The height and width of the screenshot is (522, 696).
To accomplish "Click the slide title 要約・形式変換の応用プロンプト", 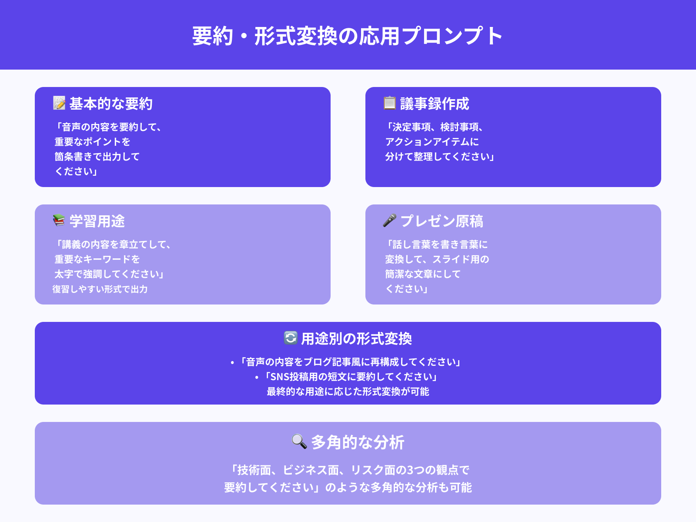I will tap(348, 36).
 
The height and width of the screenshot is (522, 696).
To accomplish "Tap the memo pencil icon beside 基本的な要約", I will tap(59, 103).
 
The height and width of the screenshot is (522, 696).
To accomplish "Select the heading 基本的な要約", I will tap(111, 104).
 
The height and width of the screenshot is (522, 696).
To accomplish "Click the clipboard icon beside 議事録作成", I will tap(389, 103).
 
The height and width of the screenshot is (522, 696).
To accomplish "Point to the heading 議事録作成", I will tap(435, 104).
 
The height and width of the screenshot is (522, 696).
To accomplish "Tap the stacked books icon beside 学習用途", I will tap(59, 221).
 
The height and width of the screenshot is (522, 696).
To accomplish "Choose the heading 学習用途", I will tap(97, 221).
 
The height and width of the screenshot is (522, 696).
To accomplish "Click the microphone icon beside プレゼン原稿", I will tap(389, 221).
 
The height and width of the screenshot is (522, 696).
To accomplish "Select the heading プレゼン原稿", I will tap(442, 221).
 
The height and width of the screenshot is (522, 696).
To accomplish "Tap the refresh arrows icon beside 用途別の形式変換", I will tap(290, 338).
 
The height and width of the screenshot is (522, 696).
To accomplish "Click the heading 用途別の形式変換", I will tap(356, 338).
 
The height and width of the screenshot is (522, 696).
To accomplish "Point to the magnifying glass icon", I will tap(299, 442).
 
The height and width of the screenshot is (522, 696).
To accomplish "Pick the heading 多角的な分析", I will tap(358, 442).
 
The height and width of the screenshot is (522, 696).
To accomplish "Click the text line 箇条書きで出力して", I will tap(97, 157).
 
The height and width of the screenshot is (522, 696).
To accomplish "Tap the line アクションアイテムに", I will tap(432, 142).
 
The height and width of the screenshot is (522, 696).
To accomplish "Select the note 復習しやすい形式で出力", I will tap(100, 289).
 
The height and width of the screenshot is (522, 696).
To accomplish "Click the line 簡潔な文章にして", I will tap(422, 274).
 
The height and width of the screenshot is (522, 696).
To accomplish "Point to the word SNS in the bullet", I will tap(280, 377).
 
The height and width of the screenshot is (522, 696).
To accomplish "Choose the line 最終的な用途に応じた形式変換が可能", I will tap(348, 391).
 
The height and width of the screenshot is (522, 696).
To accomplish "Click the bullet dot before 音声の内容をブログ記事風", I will tap(232, 362).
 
